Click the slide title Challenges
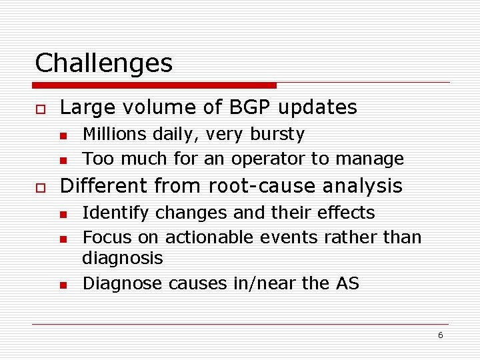coord(103,63)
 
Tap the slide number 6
coord(440,335)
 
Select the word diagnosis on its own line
coord(122,259)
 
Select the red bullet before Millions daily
coord(63,136)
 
